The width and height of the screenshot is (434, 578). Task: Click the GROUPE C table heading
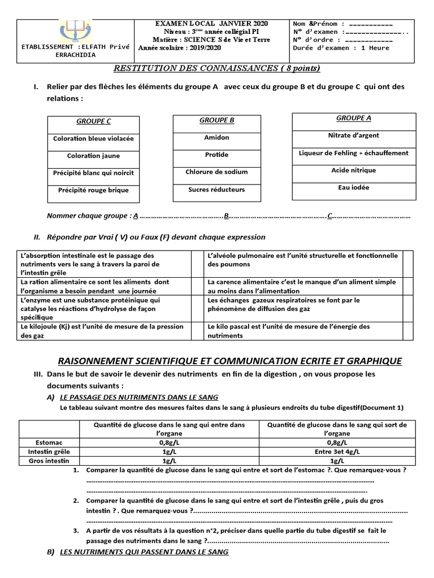tap(93, 121)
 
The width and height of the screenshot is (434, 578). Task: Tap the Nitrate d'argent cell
tap(353, 135)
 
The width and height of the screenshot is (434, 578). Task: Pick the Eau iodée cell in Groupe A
tap(353, 187)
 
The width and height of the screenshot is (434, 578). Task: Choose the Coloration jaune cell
tap(93, 156)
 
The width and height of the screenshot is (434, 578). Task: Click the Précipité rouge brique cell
tap(93, 190)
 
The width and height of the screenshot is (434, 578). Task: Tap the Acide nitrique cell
tap(353, 170)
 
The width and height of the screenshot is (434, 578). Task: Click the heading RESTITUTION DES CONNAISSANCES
tap(216, 68)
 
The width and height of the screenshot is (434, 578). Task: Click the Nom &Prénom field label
tap(315, 24)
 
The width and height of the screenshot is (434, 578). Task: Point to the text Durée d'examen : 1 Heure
tap(341, 48)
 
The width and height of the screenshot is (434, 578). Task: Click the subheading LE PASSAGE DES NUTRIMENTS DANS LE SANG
tap(138, 397)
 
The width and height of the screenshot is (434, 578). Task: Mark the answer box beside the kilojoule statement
tap(197, 331)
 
